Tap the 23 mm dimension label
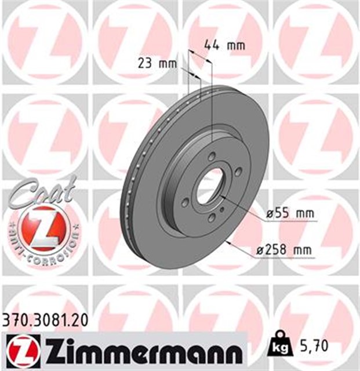[157, 64]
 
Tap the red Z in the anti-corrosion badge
[40, 225]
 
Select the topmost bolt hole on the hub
[212, 155]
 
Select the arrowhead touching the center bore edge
[221, 197]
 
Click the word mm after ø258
[303, 250]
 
